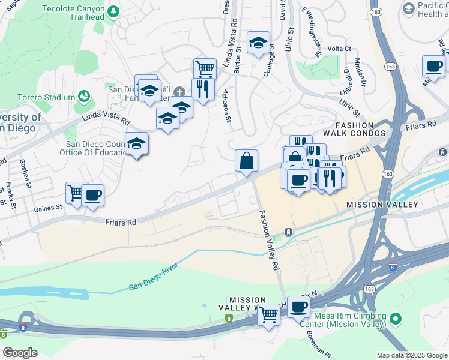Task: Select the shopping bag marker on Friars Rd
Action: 246,161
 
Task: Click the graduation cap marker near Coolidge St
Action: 258,43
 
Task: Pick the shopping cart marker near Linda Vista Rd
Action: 205,69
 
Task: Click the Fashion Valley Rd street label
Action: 270,239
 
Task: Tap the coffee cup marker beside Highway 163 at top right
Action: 433,67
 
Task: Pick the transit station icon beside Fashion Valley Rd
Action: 288,232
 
